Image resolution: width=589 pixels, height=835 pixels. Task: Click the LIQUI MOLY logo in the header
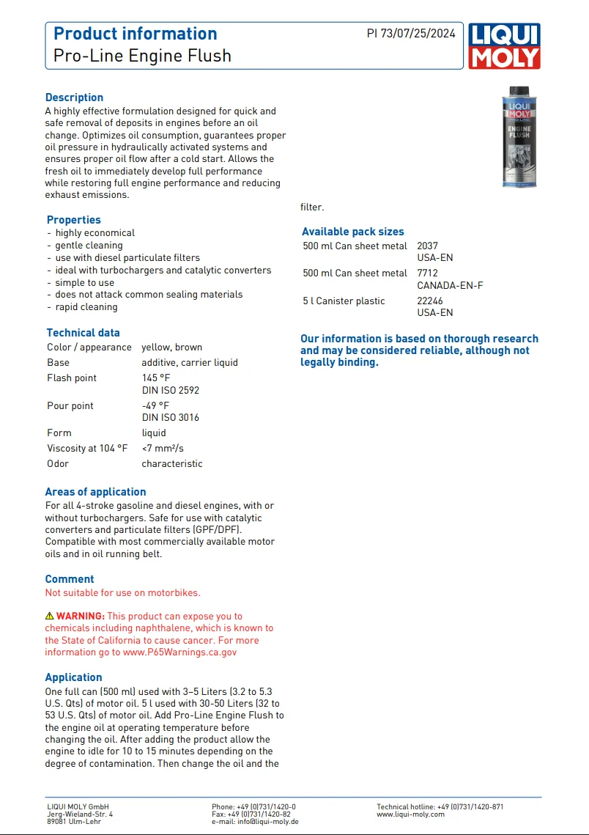(505, 45)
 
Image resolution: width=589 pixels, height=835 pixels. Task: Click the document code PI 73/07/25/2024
(411, 33)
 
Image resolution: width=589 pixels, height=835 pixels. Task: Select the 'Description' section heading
(74, 98)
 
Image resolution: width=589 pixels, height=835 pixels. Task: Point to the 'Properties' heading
(73, 220)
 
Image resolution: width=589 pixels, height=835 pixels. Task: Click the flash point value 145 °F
(155, 378)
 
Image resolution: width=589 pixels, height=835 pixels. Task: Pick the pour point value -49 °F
(155, 405)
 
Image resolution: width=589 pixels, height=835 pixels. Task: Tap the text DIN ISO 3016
(170, 418)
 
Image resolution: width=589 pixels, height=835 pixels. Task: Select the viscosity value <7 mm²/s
(163, 448)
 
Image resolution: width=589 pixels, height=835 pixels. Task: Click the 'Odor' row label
(58, 463)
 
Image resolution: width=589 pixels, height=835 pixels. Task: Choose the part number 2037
(427, 246)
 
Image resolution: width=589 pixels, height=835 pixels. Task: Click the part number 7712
(427, 273)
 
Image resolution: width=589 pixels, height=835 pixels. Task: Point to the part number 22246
(430, 301)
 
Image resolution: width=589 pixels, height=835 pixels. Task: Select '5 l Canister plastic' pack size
(344, 301)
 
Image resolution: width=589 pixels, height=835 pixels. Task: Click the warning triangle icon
(50, 617)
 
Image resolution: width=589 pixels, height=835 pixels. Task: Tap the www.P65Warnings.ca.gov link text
(179, 652)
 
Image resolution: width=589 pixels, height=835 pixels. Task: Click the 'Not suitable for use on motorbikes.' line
(122, 592)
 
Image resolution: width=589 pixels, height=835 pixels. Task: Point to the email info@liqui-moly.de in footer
(267, 822)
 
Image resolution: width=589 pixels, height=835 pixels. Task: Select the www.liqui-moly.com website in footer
(410, 814)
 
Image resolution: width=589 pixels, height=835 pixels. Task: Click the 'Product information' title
(136, 34)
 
